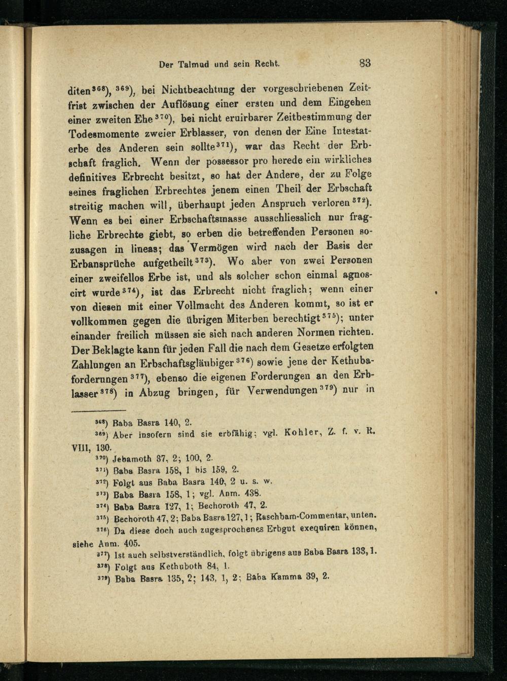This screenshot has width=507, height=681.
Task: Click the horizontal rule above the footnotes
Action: [x=98, y=410]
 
